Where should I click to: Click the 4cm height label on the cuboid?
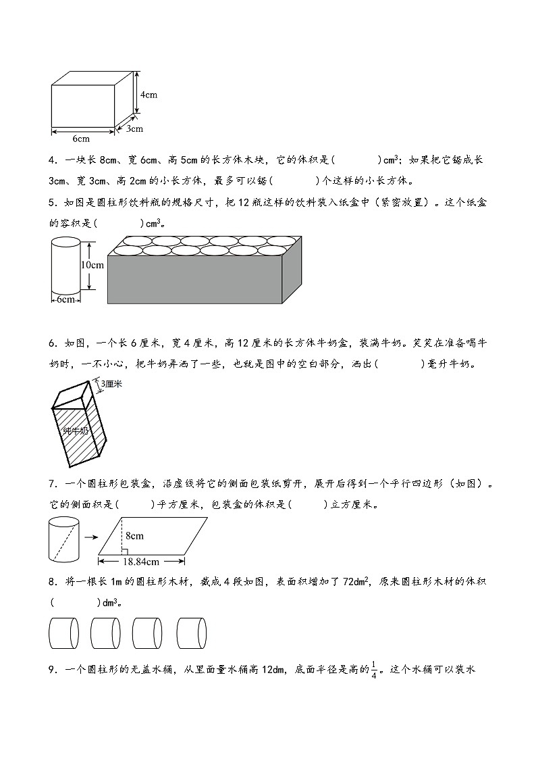(149, 95)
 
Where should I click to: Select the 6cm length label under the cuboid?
(80, 139)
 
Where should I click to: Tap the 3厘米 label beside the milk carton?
(108, 385)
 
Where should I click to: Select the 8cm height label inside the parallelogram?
(134, 536)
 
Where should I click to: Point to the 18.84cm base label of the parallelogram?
(141, 561)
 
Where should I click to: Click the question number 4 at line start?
(52, 160)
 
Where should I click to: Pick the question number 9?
(52, 670)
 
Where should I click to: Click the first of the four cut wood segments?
(64, 633)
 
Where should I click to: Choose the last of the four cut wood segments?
(192, 633)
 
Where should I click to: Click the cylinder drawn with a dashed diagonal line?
(64, 539)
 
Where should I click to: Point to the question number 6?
(52, 343)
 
